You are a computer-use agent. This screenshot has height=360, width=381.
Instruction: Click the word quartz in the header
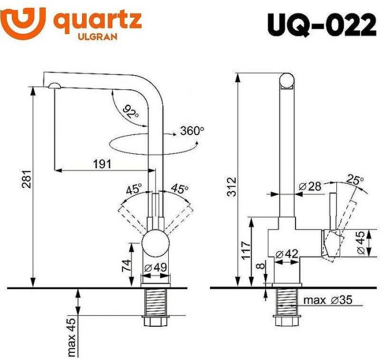click(97, 21)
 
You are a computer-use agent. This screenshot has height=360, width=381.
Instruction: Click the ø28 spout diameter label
click(310, 187)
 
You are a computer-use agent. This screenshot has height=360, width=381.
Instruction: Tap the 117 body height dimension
click(246, 249)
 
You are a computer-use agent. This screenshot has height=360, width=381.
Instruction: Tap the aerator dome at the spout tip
click(54, 85)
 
